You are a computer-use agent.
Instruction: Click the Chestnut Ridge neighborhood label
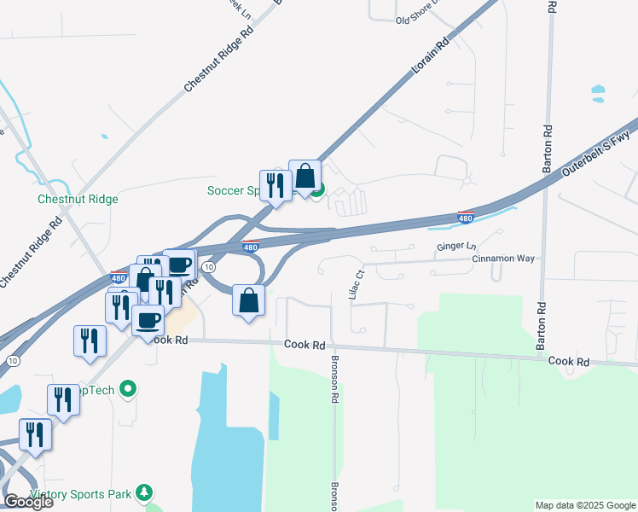(78, 199)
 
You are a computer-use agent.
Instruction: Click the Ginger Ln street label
(451, 246)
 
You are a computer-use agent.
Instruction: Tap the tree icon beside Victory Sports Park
(145, 492)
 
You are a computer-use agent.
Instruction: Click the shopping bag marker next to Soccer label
(304, 177)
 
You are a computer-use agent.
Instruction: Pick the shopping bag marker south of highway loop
(248, 300)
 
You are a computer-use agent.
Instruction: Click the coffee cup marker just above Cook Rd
(148, 320)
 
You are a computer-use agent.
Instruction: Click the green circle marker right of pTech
(129, 390)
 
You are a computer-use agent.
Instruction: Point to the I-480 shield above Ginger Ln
(466, 217)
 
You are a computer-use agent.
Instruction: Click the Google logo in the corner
(28, 502)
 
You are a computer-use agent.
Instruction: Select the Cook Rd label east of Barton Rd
(569, 362)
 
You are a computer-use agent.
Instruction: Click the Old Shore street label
(416, 20)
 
